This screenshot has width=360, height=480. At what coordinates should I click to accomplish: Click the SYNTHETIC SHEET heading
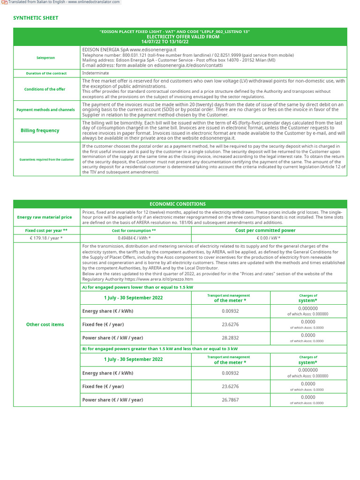(x=36, y=18)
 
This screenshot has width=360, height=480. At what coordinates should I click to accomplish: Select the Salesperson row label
(x=46, y=58)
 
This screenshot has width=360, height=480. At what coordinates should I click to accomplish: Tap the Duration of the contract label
(x=46, y=73)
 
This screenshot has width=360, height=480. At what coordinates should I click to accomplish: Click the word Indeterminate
(x=96, y=73)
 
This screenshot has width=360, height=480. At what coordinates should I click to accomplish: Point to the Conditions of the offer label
(x=45, y=89)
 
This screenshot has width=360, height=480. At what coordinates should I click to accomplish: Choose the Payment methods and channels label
(x=45, y=110)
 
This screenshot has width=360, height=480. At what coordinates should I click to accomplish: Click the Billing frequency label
(x=40, y=130)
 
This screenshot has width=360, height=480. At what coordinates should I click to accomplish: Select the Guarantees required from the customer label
(x=46, y=159)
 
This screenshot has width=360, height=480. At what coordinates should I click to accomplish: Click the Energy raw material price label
(x=45, y=217)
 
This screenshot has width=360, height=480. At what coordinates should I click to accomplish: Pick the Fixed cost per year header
(x=46, y=231)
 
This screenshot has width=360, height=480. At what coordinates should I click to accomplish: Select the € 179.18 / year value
(x=46, y=238)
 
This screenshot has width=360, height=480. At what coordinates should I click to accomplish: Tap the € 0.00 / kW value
(x=269, y=238)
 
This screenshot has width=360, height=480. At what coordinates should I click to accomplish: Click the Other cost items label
(x=45, y=324)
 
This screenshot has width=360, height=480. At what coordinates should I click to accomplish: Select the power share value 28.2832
(x=230, y=337)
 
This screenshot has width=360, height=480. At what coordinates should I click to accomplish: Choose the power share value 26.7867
(x=230, y=400)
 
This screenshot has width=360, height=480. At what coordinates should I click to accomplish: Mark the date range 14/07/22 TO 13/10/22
(x=165, y=42)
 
